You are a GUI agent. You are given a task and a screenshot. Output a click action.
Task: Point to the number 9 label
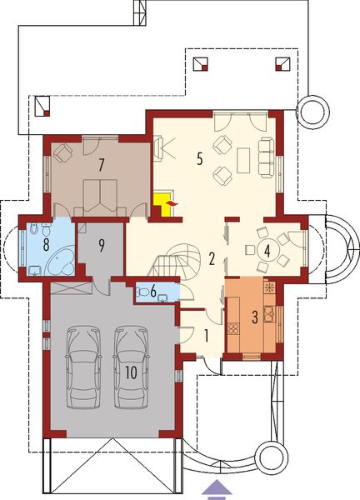click(x=101, y=245)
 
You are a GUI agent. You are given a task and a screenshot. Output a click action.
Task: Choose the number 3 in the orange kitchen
click(x=257, y=317)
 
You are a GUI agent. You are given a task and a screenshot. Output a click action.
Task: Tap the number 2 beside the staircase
click(x=213, y=257)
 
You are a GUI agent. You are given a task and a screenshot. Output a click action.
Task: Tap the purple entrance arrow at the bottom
click(x=216, y=489)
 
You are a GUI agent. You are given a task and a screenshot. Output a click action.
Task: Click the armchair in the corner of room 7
click(x=63, y=152)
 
